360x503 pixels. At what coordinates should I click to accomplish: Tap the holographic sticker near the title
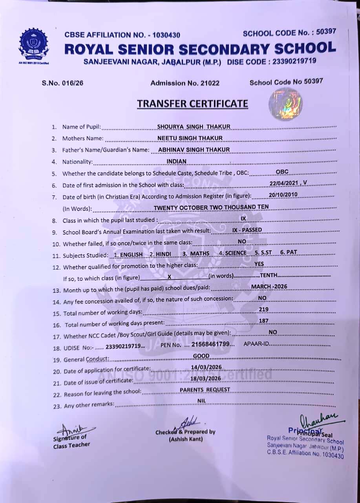[286, 104]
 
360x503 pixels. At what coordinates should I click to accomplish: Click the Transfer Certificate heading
[192, 104]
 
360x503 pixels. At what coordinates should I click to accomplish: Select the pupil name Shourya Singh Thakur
[194, 127]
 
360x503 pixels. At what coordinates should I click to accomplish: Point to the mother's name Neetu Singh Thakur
[190, 138]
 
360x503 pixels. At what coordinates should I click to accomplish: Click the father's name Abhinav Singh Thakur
[194, 149]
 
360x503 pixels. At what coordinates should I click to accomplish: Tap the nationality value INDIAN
[177, 161]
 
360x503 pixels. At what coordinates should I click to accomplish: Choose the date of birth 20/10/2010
[283, 195]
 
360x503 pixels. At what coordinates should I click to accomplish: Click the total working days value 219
[264, 310]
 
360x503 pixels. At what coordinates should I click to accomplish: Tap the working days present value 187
[264, 321]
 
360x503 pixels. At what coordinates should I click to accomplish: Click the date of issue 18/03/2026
[206, 378]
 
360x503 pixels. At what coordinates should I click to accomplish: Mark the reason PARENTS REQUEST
[205, 390]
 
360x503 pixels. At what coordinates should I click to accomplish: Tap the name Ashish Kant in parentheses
[186, 439]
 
